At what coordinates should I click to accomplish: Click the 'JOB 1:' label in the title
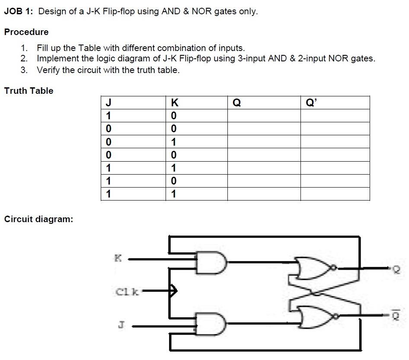tap(19, 12)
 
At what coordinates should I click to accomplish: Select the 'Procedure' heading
tap(26, 32)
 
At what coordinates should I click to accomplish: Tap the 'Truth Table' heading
tap(29, 91)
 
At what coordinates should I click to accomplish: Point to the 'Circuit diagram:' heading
tap(38, 219)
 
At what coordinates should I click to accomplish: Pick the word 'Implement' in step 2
tap(56, 59)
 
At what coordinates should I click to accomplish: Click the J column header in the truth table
tap(109, 103)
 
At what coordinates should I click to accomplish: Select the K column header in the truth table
tap(174, 103)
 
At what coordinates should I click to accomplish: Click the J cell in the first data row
tap(109, 116)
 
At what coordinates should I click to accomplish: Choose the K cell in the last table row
tap(174, 194)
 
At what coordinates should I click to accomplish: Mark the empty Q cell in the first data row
tap(264, 116)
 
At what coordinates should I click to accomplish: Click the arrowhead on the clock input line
tap(173, 290)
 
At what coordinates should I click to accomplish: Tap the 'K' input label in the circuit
tap(118, 259)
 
